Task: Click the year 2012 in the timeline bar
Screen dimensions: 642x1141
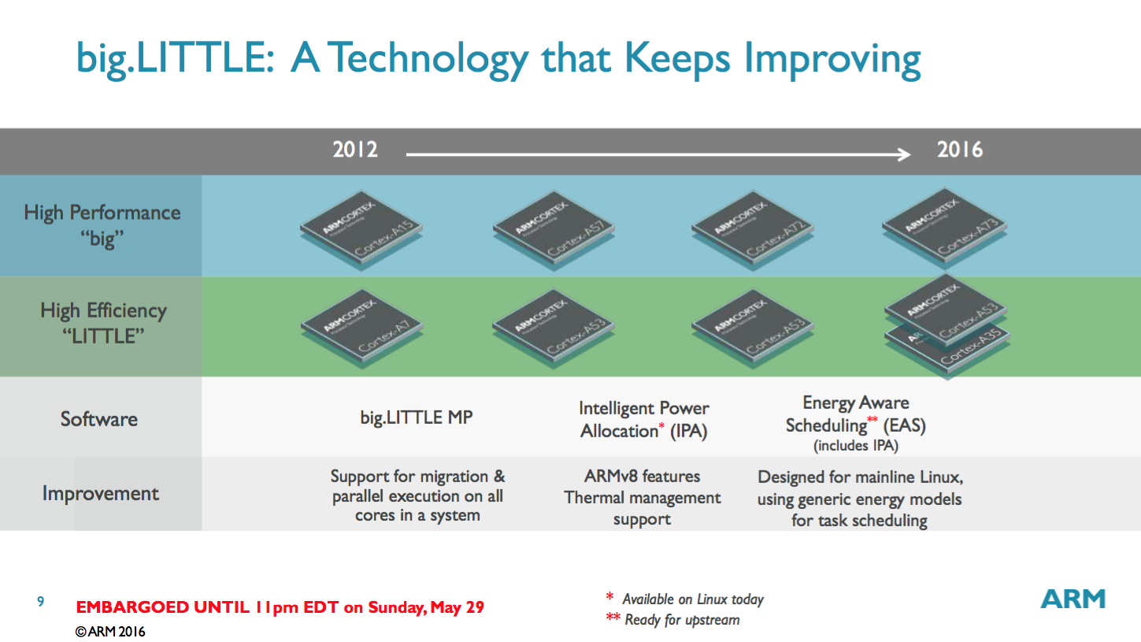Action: pos(355,150)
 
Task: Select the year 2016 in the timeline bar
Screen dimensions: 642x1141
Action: pos(960,150)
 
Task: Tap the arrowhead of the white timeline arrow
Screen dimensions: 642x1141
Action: pos(904,154)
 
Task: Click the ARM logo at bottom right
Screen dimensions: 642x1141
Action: pos(1072,599)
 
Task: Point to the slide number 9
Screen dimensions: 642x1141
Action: pos(41,603)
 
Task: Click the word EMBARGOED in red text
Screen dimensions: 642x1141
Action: pos(132,607)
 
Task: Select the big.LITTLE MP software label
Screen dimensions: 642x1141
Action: pos(417,417)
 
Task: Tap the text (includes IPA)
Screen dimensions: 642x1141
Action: pos(855,446)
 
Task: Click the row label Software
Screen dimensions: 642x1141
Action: pos(99,418)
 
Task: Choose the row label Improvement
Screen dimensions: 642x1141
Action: pos(101,494)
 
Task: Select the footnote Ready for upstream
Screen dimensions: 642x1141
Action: pos(682,620)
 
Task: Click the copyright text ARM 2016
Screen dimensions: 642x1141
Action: pos(110,632)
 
